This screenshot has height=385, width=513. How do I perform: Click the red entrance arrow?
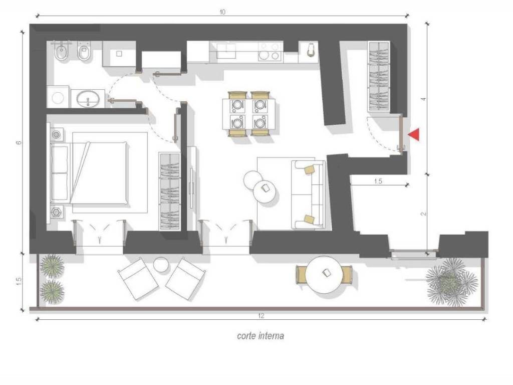(414, 135)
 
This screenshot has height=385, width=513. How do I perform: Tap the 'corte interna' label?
(261, 336)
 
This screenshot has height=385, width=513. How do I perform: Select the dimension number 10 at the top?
(222, 12)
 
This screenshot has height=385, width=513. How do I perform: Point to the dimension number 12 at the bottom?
(261, 316)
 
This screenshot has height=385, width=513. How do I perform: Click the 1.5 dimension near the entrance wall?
(378, 181)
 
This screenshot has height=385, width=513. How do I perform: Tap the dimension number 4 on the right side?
(423, 99)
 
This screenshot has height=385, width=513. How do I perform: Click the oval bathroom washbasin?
(88, 98)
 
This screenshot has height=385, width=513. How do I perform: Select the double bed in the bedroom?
(99, 172)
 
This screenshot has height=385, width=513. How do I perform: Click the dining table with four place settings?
(248, 114)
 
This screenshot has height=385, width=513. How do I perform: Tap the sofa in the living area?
(308, 195)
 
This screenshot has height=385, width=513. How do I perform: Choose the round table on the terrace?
(324, 274)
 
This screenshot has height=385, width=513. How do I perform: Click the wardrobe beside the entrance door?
(379, 77)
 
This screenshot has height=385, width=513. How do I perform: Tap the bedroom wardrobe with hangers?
(170, 191)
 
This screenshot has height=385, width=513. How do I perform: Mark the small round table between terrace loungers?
(161, 264)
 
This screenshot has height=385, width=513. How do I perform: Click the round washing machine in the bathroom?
(58, 97)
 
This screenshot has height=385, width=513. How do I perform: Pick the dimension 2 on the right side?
(423, 214)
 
